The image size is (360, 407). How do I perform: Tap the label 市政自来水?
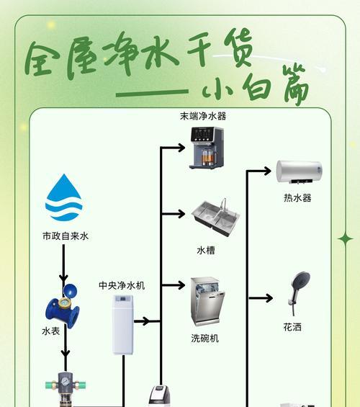click(x=66, y=236)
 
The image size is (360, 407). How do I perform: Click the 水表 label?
click(x=51, y=331)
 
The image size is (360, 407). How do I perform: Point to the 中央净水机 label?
click(x=122, y=285)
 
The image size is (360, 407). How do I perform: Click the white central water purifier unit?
click(x=123, y=325)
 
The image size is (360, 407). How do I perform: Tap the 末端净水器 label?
click(x=203, y=116)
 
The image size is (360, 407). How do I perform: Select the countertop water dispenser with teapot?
click(x=207, y=148)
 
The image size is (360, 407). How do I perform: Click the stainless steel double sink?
click(x=215, y=218)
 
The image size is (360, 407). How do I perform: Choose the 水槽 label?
click(x=206, y=251)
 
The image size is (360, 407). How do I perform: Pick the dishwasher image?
click(x=208, y=302)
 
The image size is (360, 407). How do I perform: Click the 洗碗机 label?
click(x=205, y=339)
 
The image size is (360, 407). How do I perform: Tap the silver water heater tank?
click(x=300, y=172)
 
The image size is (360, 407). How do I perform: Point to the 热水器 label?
click(x=297, y=198)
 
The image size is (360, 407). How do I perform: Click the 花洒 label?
click(x=292, y=327)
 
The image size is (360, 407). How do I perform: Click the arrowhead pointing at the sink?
click(x=181, y=214)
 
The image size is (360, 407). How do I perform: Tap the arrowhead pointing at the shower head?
click(x=269, y=298)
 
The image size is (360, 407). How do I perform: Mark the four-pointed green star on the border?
click(x=346, y=239)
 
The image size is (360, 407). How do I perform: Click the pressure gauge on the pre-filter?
click(x=63, y=381)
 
